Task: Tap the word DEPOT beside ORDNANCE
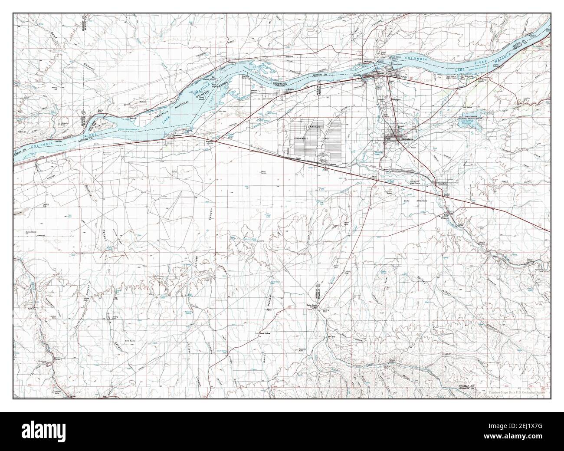click(325, 138)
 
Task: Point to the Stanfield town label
click(442, 184)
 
